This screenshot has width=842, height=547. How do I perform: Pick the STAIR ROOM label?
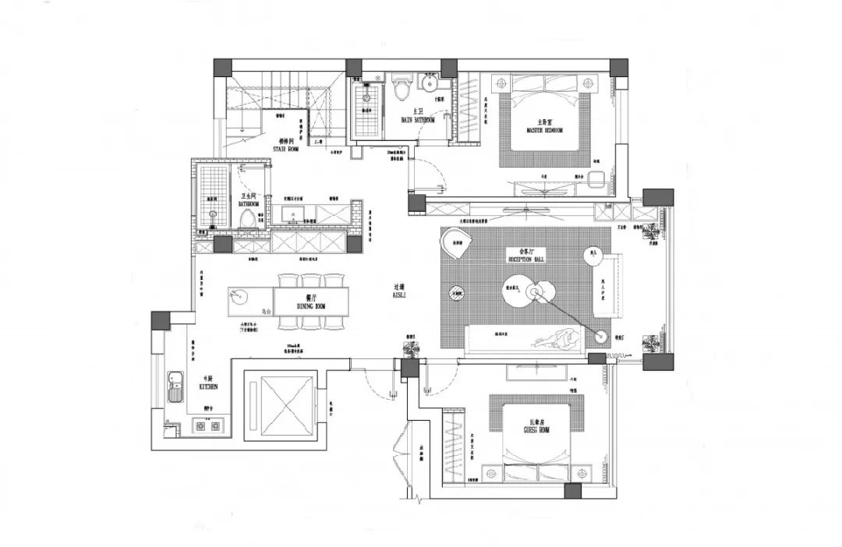point(286,147)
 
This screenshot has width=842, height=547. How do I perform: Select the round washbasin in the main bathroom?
point(429,83)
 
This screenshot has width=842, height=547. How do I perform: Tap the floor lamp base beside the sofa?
point(601,337)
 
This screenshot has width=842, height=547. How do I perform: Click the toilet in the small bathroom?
point(248,217)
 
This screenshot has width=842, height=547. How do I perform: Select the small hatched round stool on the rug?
point(458,293)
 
